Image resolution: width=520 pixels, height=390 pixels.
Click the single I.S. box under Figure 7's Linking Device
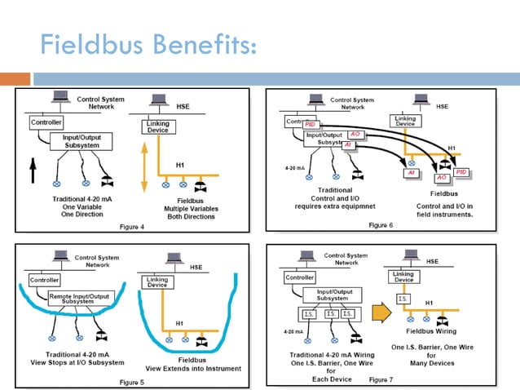[x=403, y=299]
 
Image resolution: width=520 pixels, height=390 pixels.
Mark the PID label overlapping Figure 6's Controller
[x=310, y=124]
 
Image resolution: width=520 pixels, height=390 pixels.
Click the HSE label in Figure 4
[x=184, y=105]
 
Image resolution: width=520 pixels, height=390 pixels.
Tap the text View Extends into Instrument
[x=192, y=368]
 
